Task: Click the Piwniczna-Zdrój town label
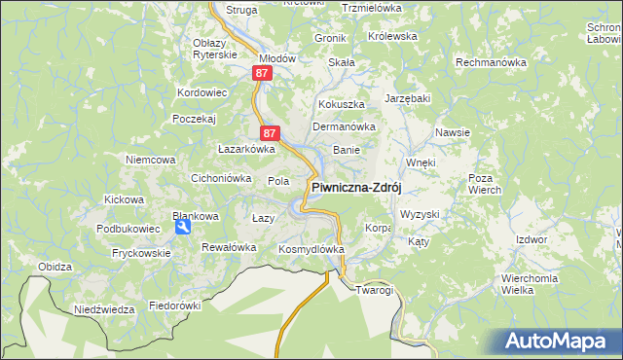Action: click(356, 188)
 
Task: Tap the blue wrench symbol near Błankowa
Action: click(182, 228)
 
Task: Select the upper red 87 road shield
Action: click(261, 73)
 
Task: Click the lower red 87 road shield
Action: click(271, 133)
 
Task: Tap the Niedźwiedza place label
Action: click(104, 309)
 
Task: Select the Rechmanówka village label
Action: click(492, 61)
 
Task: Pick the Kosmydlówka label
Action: click(311, 249)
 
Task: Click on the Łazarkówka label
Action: click(246, 150)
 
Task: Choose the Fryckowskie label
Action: click(140, 252)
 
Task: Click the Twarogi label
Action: click(374, 290)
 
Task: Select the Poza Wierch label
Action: click(484, 184)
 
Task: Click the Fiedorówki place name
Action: click(174, 305)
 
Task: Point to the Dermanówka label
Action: click(344, 126)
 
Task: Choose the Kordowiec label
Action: click(202, 92)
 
